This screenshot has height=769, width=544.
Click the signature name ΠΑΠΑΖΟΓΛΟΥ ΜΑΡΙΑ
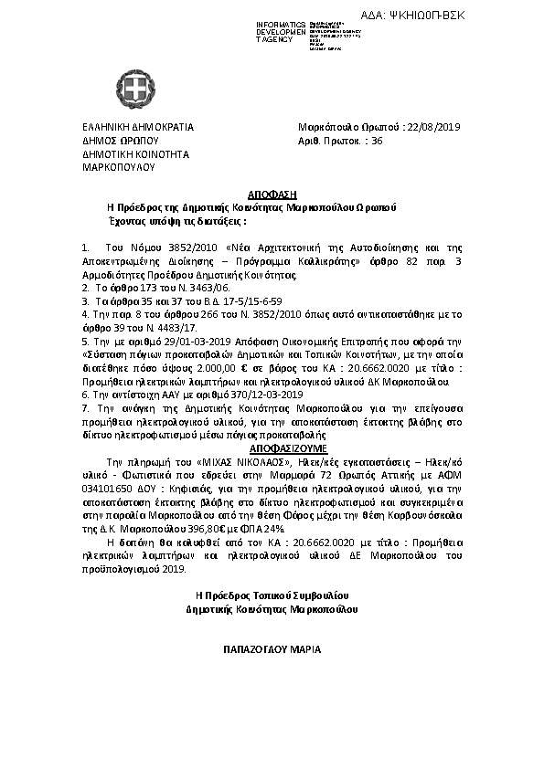click(x=272, y=650)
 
